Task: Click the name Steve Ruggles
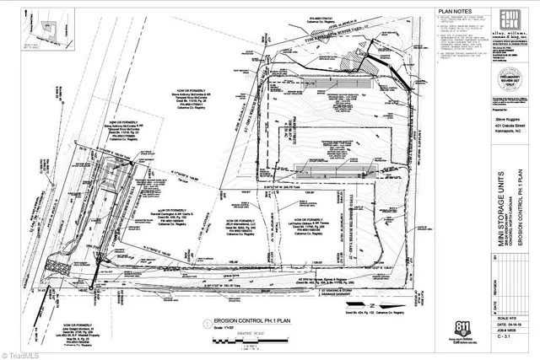tap(505, 121)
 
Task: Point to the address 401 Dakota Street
tap(505, 127)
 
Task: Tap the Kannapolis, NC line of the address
tap(505, 134)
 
